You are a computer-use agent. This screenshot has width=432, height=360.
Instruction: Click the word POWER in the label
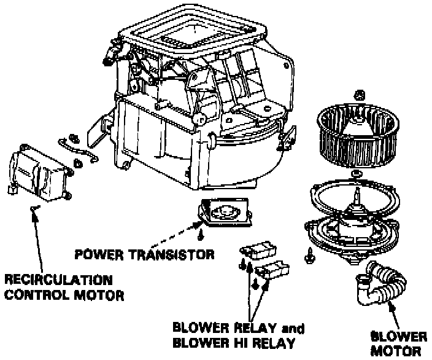93,254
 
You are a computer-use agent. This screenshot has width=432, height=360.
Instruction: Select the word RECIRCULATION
59,280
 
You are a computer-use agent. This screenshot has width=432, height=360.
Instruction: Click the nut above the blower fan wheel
360,96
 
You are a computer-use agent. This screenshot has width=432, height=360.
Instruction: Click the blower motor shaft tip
356,194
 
